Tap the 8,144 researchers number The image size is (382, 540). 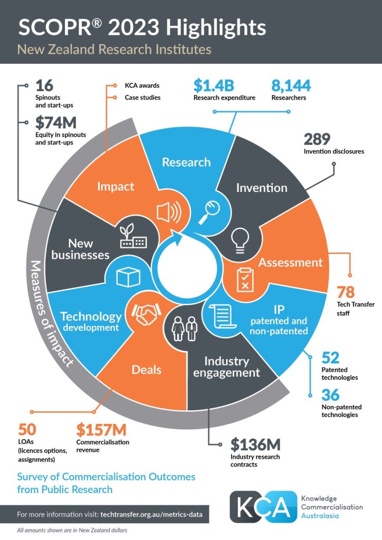pyautogui.click(x=291, y=85)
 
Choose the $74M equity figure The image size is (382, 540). pyautogui.click(x=56, y=123)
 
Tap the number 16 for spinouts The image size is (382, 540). pyautogui.click(x=44, y=85)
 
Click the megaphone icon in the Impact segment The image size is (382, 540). pyautogui.click(x=169, y=213)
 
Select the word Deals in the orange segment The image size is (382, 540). pyautogui.click(x=147, y=369)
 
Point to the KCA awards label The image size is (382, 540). pyautogui.click(x=142, y=85)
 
